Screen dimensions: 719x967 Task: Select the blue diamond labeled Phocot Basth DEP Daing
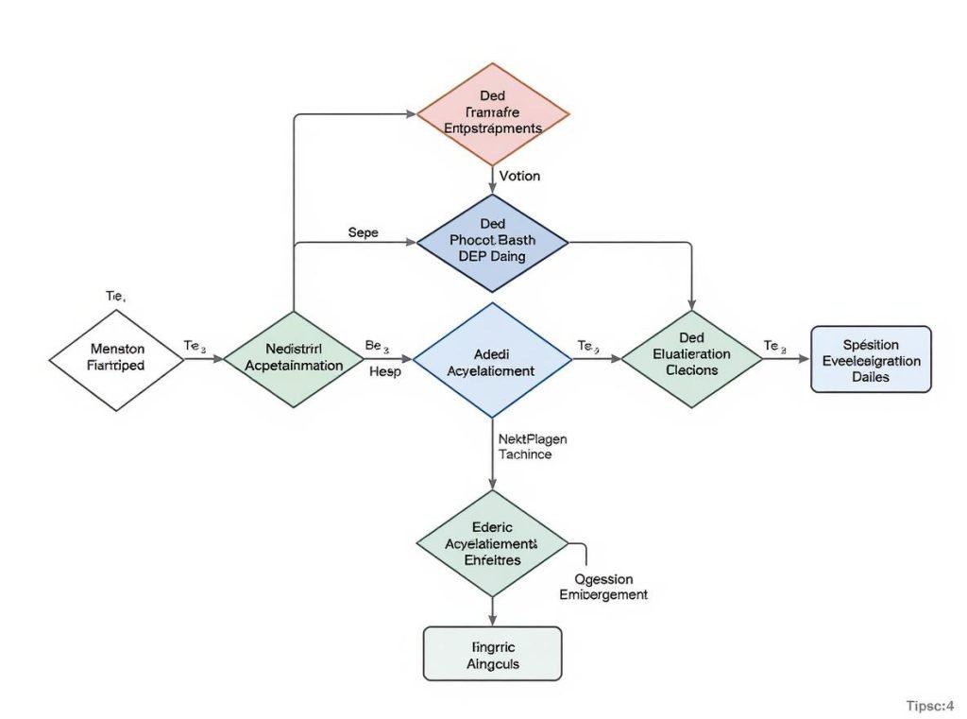[492, 242]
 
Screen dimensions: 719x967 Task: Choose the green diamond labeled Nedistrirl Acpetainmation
[294, 358]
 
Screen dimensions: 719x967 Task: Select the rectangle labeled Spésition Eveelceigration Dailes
[871, 360]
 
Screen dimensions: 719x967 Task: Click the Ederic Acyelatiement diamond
[492, 544]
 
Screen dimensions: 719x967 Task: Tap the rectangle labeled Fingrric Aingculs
[492, 654]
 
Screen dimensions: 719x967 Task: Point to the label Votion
[519, 176]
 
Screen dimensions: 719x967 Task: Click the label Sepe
[363, 231]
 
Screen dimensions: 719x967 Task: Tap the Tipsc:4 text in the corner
[930, 705]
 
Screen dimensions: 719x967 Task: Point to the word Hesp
[384, 372]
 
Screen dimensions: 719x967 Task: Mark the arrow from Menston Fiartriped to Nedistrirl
[203, 359]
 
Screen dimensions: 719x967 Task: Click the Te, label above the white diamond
[114, 296]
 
